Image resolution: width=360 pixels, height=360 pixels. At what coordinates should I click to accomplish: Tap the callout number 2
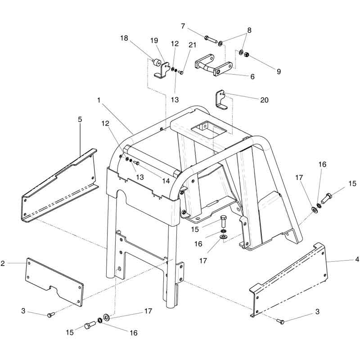(x=3, y=263)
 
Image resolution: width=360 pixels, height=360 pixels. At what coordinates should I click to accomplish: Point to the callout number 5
(x=80, y=120)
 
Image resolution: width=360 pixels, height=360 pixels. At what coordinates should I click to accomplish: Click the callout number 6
(x=252, y=76)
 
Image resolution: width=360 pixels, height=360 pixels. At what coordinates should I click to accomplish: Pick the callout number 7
(x=183, y=26)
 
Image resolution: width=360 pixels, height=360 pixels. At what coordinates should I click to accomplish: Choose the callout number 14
(x=166, y=180)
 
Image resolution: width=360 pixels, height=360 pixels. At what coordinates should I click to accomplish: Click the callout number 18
(x=124, y=38)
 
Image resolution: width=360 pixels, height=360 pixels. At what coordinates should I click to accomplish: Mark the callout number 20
(x=264, y=100)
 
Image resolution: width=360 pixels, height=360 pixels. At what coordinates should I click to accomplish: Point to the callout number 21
(x=193, y=45)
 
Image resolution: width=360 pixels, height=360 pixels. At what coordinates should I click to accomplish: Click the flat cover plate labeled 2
(x=54, y=280)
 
